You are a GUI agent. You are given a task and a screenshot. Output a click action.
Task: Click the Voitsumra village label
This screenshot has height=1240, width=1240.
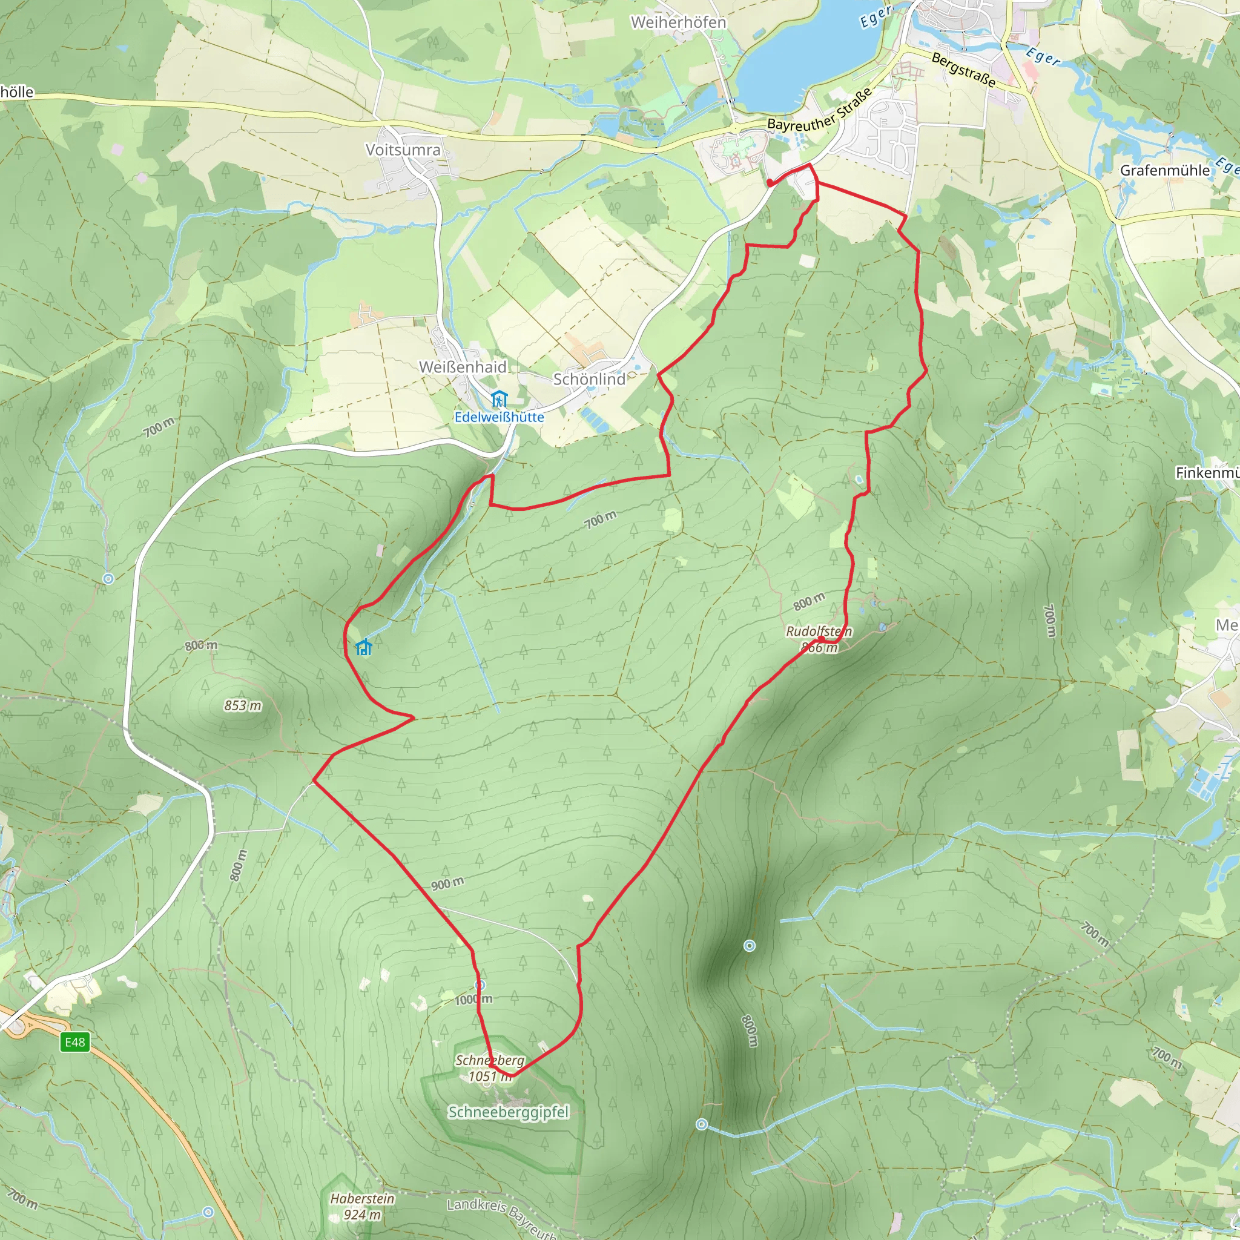[x=403, y=150]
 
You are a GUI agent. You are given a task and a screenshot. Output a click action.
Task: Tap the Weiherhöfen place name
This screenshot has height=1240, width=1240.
[x=678, y=22]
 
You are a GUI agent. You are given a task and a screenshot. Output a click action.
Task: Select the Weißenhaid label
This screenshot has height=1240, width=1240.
[x=463, y=367]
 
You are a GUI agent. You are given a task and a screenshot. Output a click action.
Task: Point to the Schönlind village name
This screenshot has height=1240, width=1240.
[x=589, y=379]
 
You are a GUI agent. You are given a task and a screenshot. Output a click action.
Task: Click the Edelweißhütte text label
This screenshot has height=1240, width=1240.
[x=500, y=417]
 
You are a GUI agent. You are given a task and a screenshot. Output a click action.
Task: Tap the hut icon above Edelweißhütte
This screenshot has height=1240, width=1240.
[x=499, y=399]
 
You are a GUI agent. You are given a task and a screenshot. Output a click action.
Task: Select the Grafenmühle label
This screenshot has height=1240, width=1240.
[x=1164, y=171]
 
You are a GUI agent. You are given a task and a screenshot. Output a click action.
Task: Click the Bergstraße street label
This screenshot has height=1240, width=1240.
[x=963, y=69]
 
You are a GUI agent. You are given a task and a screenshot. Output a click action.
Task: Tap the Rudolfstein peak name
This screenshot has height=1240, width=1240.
[x=819, y=632]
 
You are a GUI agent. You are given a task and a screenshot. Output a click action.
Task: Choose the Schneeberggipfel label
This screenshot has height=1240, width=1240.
[x=509, y=1112]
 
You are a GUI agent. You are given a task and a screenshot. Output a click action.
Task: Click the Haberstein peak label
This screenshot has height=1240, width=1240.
[x=362, y=1198]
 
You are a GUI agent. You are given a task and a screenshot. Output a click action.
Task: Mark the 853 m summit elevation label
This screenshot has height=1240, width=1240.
[x=243, y=706]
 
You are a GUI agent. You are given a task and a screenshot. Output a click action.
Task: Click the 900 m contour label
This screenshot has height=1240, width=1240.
[x=447, y=884]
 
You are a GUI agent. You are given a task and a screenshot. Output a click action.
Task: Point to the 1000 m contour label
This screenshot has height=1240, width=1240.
[x=473, y=999]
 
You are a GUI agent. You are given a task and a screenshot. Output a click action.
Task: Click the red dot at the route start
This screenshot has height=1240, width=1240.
[x=770, y=183]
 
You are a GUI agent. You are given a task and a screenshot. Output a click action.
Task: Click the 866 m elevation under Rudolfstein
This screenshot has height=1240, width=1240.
[x=820, y=648]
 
